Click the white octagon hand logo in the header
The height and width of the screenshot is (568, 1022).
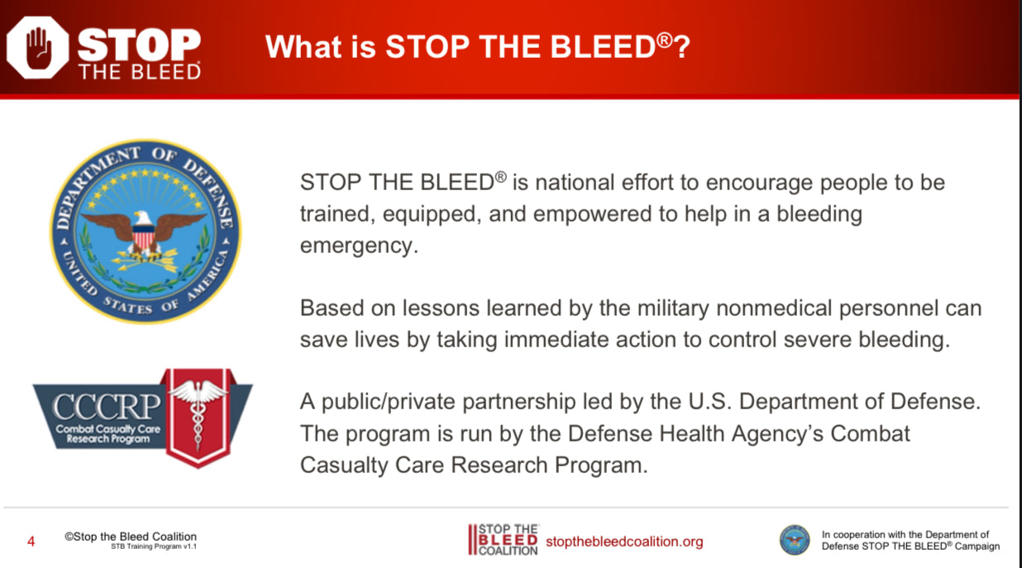(x=37, y=47)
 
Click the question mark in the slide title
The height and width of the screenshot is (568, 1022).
(x=682, y=46)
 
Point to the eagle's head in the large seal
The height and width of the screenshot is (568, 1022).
(x=143, y=218)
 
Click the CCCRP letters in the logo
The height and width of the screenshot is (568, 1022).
(x=107, y=406)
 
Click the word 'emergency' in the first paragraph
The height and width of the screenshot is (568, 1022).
(x=359, y=246)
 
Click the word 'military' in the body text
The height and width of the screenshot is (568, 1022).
(x=673, y=309)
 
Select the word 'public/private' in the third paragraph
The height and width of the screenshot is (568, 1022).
(x=392, y=403)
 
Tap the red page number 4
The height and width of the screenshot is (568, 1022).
(x=31, y=542)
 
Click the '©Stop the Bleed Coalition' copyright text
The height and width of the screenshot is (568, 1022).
(x=131, y=537)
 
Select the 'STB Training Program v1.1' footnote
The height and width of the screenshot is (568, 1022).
(x=154, y=547)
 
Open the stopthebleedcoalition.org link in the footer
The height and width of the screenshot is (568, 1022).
(x=624, y=542)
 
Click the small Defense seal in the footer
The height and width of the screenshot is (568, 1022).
(x=795, y=540)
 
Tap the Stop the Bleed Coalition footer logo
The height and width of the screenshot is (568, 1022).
(x=504, y=540)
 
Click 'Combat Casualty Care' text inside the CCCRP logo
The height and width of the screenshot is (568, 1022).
(x=108, y=429)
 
